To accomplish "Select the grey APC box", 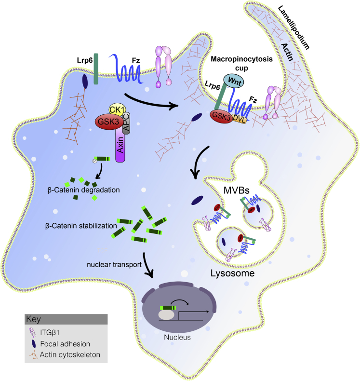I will click(127, 124).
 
